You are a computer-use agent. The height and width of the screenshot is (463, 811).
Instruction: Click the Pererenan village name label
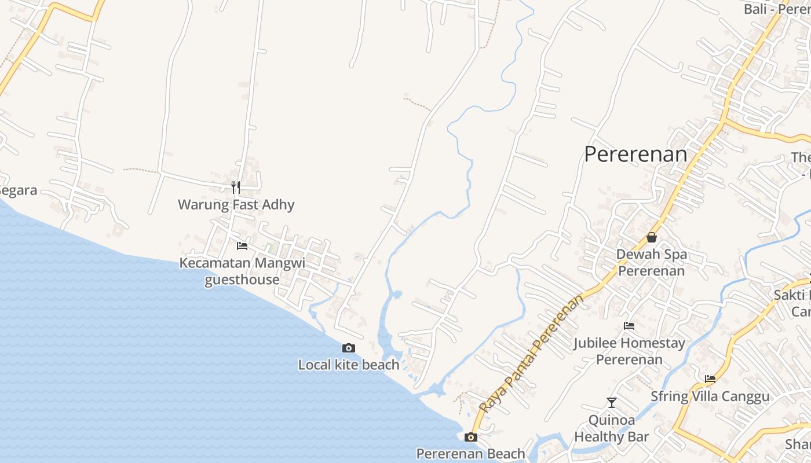[635, 155]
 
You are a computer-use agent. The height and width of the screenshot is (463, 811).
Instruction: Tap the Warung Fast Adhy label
[236, 204]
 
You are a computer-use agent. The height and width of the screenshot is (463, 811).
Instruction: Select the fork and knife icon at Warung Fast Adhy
[235, 187]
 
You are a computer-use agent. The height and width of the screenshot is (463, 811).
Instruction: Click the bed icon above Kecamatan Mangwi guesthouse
[242, 246]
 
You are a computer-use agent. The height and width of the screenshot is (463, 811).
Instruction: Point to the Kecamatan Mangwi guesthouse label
[242, 271]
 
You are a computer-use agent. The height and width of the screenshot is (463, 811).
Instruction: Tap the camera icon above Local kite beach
[348, 348]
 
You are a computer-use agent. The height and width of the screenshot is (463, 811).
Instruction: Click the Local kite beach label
[349, 365]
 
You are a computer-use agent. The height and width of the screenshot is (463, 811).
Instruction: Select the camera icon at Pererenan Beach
[471, 437]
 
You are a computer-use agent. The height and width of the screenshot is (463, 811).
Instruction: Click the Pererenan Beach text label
[470, 454]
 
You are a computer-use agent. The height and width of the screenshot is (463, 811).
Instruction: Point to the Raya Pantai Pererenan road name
[531, 354]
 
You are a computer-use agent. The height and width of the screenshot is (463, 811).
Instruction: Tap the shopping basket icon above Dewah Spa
[652, 237]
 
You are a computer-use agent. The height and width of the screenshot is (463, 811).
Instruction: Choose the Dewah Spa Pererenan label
[652, 262]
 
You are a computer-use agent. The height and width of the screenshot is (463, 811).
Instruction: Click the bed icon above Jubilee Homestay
[629, 326]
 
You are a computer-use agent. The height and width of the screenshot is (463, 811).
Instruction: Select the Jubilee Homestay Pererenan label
[629, 351]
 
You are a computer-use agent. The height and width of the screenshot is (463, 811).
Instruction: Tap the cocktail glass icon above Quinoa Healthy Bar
[612, 402]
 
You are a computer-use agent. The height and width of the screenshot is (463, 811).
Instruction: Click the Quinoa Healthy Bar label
[612, 428]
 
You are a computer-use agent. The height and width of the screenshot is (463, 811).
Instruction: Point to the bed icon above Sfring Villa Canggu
[710, 379]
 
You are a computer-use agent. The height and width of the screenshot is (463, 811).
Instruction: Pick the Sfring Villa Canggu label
[710, 396]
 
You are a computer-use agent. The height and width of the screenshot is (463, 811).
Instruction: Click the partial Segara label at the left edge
[18, 191]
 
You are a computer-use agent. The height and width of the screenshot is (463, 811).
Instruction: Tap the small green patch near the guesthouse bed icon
[269, 248]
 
